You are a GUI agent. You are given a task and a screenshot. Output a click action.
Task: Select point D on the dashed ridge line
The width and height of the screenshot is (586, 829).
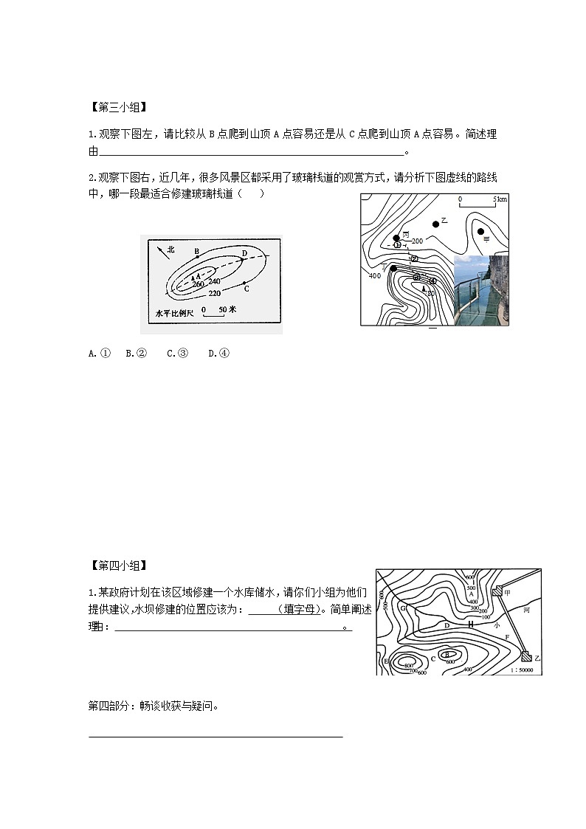coord(244,255)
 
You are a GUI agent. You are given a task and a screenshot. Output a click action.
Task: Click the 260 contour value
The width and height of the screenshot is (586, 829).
coord(197,283)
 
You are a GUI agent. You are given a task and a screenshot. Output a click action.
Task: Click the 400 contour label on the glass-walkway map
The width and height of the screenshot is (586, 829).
coord(374,275)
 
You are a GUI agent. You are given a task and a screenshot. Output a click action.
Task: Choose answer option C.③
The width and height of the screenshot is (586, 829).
coord(177,354)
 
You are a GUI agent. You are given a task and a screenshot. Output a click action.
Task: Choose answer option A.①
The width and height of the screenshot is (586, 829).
coord(99,354)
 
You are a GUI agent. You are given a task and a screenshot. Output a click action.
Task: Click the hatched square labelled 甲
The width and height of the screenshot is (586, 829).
coord(497,591)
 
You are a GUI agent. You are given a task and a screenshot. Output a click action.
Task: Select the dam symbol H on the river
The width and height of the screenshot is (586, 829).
coord(470,624)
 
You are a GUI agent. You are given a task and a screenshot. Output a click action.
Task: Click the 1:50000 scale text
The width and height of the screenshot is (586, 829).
coord(526,670)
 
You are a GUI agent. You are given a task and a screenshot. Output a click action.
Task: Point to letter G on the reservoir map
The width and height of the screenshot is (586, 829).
coord(403,608)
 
